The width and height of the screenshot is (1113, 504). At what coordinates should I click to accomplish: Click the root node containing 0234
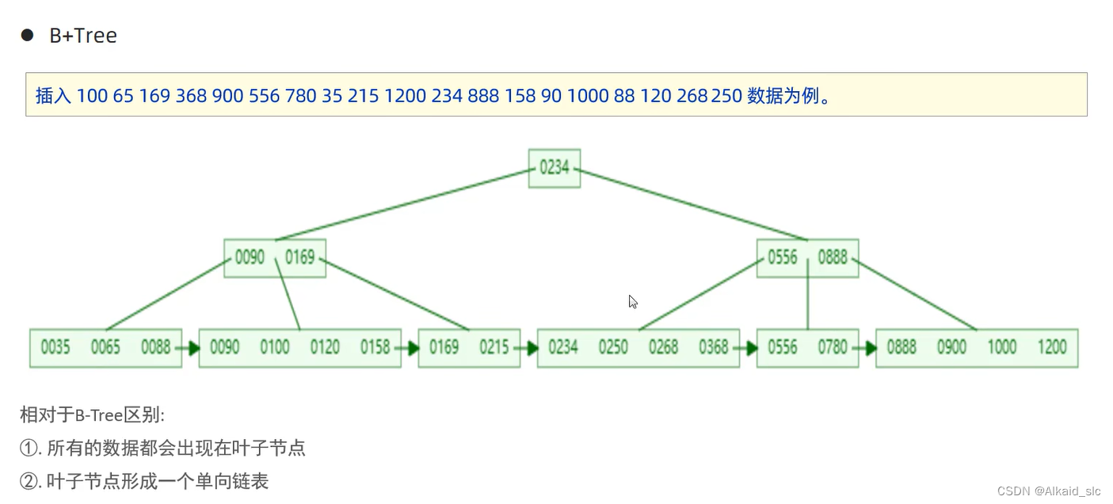[555, 168]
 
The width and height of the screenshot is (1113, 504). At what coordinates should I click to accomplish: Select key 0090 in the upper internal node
[250, 258]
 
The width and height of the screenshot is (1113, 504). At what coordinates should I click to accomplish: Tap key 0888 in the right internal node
[833, 258]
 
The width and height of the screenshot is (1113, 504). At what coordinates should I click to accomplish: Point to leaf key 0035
[55, 347]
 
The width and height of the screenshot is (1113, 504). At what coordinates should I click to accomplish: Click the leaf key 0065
[105, 347]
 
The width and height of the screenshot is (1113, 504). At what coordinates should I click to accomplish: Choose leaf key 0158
[375, 347]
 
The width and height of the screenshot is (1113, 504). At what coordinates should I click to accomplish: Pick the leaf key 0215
[494, 347]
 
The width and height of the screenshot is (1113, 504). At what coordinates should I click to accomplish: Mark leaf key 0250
[613, 347]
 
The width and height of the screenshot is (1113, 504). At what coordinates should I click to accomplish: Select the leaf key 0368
[714, 347]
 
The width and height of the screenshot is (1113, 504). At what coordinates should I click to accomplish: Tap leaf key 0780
[833, 347]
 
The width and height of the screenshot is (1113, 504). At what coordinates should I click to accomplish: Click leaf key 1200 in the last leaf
[1052, 347]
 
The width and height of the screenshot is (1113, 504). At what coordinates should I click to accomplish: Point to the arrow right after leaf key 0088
[190, 348]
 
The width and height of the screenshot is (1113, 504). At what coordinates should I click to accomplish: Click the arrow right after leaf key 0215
[528, 348]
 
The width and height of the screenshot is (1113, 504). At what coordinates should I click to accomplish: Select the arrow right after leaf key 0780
[867, 348]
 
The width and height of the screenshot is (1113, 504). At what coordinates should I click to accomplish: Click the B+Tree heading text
[83, 36]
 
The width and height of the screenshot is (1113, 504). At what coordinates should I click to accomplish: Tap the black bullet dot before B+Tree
[27, 35]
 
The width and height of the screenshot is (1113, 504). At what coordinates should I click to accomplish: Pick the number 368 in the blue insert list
[191, 96]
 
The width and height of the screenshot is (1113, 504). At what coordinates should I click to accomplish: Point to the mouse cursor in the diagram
[632, 301]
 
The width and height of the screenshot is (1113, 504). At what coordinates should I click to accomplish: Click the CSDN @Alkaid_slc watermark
[1049, 491]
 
